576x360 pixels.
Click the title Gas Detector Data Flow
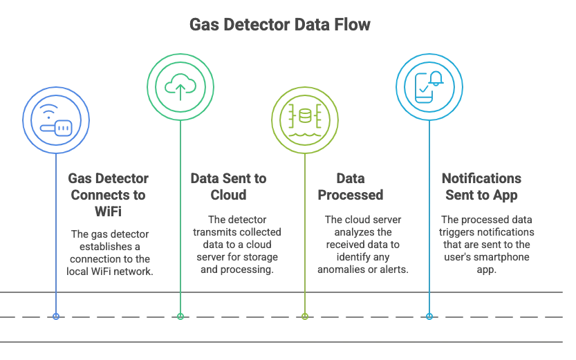280,25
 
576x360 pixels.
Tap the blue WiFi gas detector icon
56,120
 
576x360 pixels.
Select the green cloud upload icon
180,87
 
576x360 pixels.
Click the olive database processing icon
304,120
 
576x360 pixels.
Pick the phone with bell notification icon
429,87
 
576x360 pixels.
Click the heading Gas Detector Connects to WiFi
109,195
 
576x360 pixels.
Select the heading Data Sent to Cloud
228,187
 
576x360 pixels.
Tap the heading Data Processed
351,187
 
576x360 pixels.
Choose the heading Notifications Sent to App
481,187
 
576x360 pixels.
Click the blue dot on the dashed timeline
56,316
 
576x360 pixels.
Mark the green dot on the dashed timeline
180,316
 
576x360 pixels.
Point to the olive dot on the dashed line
305,316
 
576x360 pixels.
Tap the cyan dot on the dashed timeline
429,316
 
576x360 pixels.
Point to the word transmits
210,232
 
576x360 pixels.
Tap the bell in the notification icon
436,79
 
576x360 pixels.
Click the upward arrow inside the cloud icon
180,92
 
